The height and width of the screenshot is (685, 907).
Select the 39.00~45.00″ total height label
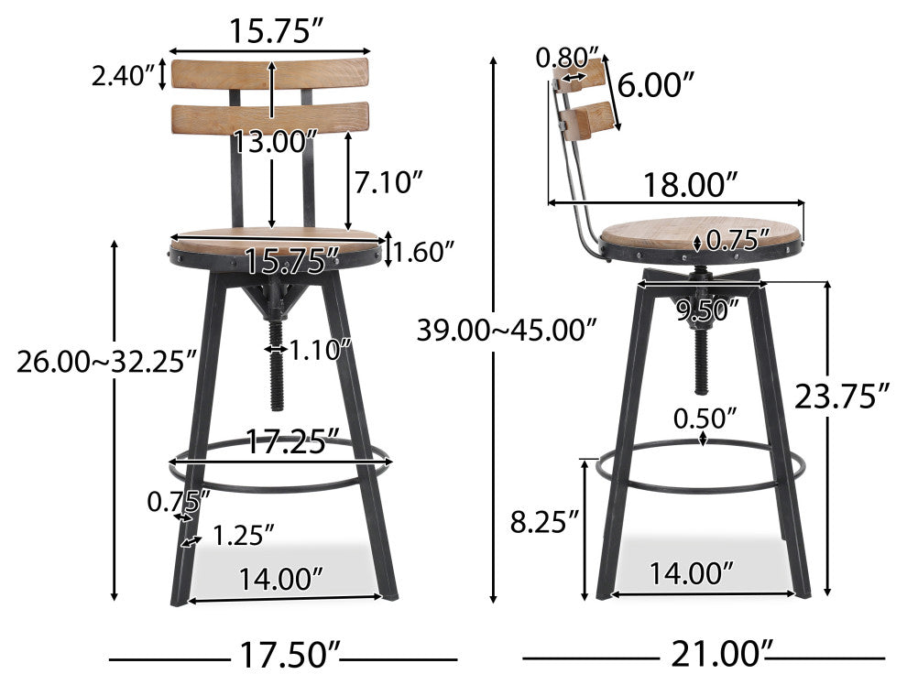point(507,329)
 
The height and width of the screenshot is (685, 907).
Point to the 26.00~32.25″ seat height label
point(105,361)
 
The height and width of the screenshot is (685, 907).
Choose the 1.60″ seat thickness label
point(424,249)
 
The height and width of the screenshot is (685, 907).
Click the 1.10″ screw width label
point(321,348)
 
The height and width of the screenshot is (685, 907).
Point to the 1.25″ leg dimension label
point(244,535)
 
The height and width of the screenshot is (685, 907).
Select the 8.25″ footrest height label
point(545,523)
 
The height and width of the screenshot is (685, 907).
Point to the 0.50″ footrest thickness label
point(705,419)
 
